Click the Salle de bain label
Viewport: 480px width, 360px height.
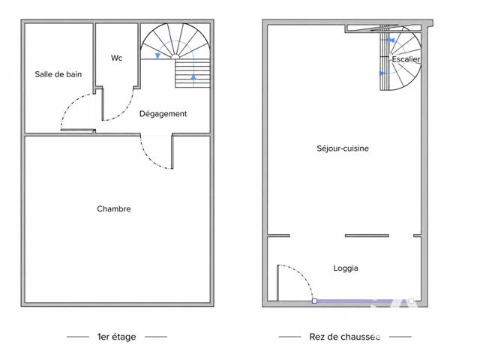pos(58,74)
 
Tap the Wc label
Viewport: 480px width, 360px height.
pos(117,58)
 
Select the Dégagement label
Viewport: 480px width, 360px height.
pos(163,114)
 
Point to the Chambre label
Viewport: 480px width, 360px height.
pos(114,208)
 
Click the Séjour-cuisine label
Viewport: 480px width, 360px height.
pos(343,148)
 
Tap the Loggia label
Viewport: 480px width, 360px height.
pos(346,268)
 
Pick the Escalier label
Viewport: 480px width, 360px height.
pos(406,59)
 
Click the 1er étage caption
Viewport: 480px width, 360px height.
pos(117,337)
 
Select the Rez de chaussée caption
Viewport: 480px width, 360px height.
pos(345,337)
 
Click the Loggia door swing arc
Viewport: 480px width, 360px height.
pos(303,274)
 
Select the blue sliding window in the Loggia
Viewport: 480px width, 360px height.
pos(363,301)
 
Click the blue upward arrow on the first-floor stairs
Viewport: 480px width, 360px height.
pos(193,76)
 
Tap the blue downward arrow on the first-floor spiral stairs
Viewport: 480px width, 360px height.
pos(157,55)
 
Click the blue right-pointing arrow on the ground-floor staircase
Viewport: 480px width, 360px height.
pos(391,40)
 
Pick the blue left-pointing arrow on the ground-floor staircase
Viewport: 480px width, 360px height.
pos(382,73)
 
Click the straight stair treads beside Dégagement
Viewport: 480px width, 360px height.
pos(193,73)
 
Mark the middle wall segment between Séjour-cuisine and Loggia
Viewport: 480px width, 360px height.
pos(367,235)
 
